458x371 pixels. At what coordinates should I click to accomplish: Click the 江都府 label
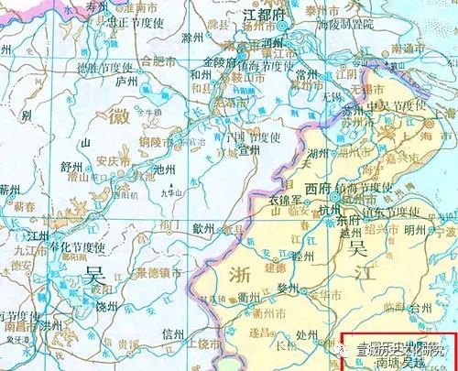(x=257, y=16)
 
